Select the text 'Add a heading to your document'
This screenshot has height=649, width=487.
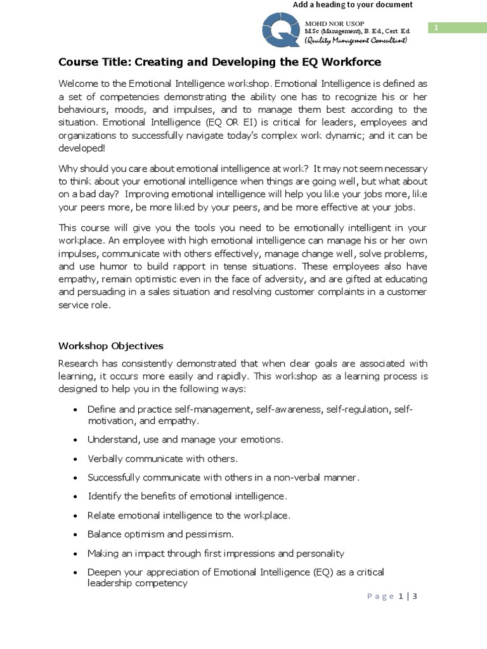point(352,5)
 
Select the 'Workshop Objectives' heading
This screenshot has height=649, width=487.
point(111,346)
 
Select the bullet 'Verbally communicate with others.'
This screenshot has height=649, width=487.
point(162,458)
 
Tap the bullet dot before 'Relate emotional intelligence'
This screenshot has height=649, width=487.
point(76,516)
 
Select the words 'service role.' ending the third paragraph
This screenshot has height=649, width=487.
point(84,305)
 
